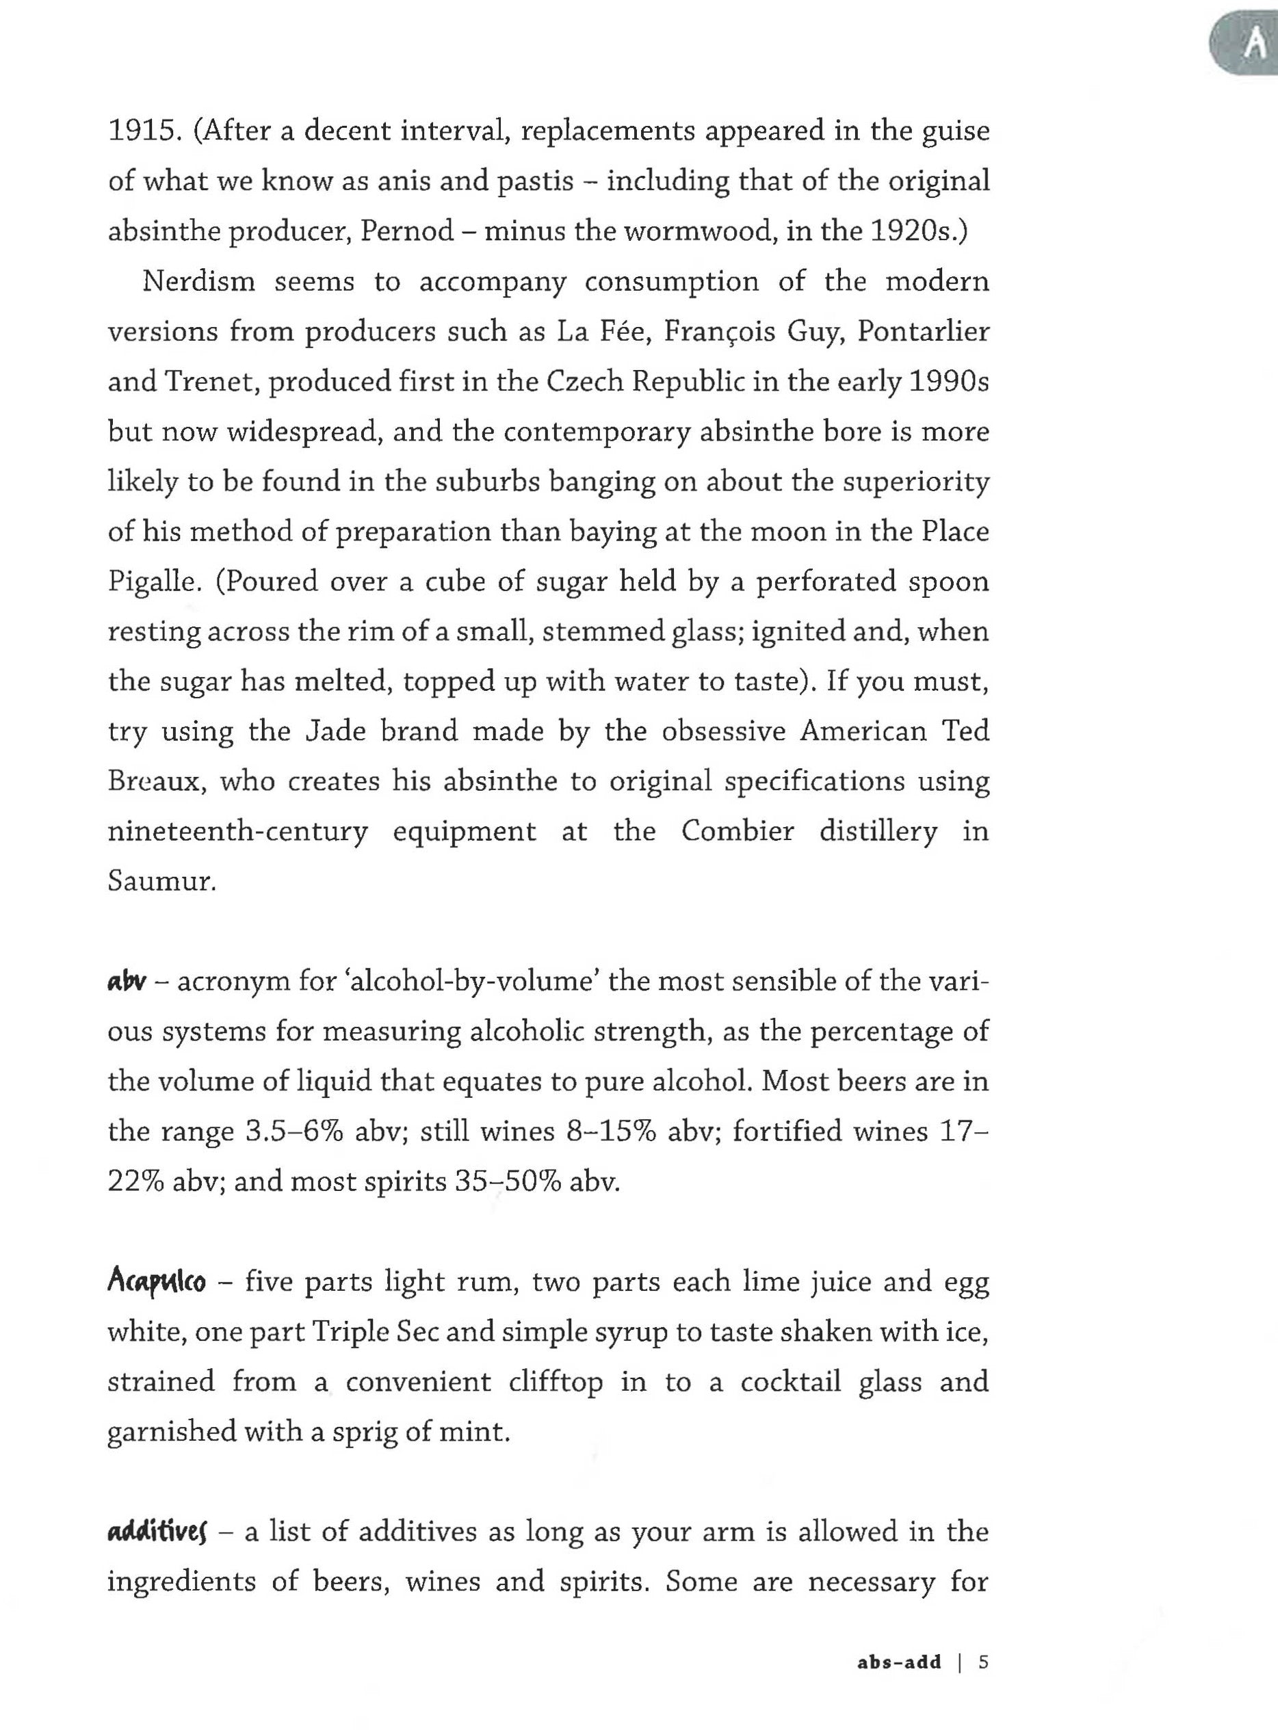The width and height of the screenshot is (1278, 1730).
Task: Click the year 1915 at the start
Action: point(141,131)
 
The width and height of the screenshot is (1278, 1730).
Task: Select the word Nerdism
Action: point(199,282)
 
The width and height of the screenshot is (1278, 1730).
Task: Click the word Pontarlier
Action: point(924,332)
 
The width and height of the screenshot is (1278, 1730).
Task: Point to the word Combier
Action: point(738,831)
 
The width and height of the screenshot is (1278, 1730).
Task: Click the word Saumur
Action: point(160,882)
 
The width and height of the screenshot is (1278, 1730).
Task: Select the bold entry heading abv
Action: point(127,982)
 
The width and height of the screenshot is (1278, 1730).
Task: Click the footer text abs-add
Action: point(899,1662)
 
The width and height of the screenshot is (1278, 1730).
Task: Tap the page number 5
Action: point(983,1662)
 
